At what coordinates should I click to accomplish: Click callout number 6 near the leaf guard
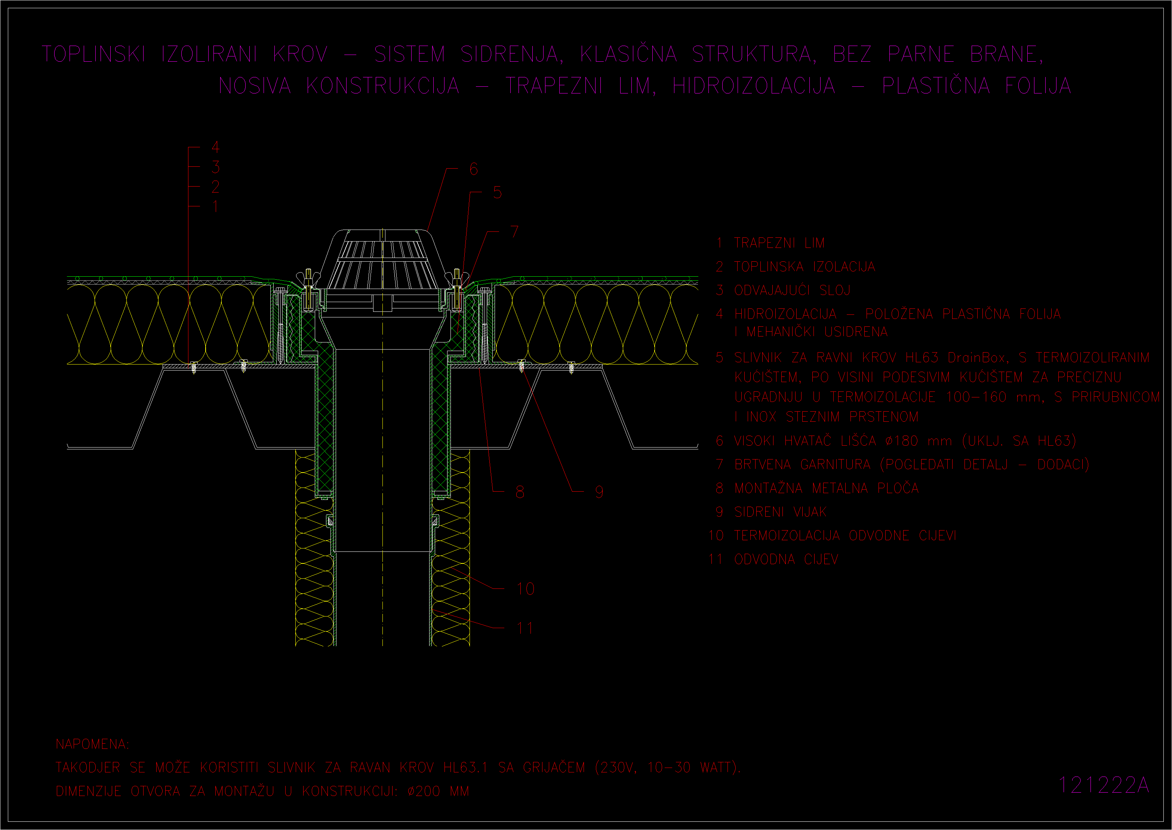[474, 169]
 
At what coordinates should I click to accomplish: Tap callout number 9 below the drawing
[599, 492]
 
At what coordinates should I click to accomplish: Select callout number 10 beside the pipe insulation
[525, 589]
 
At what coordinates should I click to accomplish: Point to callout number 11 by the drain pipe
[525, 628]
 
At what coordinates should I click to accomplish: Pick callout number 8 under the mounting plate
[520, 492]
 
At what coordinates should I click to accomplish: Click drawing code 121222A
[1104, 786]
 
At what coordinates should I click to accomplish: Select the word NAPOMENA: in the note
[92, 744]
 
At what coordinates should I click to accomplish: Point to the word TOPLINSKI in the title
[93, 54]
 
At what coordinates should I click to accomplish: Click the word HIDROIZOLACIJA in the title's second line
[754, 86]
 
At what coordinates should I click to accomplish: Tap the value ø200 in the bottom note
[424, 791]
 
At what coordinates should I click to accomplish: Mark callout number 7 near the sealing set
[514, 232]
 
